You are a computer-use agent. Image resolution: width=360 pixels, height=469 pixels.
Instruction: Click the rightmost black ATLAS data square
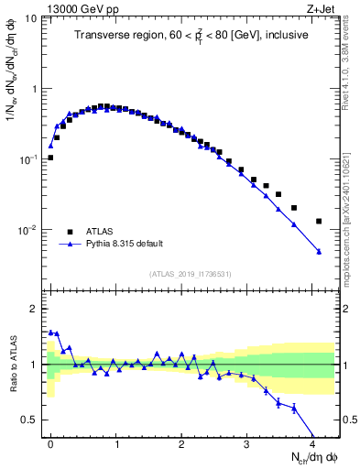click(319, 221)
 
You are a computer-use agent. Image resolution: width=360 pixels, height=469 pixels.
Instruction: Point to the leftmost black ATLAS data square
click(50, 158)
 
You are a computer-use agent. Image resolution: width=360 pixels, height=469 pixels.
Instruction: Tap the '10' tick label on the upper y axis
click(31, 18)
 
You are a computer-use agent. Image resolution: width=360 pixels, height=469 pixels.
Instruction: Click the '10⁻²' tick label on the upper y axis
click(28, 230)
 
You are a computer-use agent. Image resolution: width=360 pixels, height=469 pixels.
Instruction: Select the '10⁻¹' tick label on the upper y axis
click(28, 159)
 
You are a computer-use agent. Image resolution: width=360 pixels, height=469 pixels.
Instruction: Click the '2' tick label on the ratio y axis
click(35, 309)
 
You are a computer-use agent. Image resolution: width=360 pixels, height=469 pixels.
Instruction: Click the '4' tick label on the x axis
click(311, 443)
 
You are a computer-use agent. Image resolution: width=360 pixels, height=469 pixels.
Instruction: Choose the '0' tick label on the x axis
click(50, 443)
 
